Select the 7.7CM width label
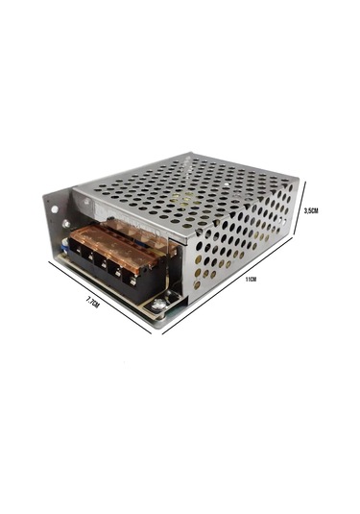[x=92, y=301]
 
